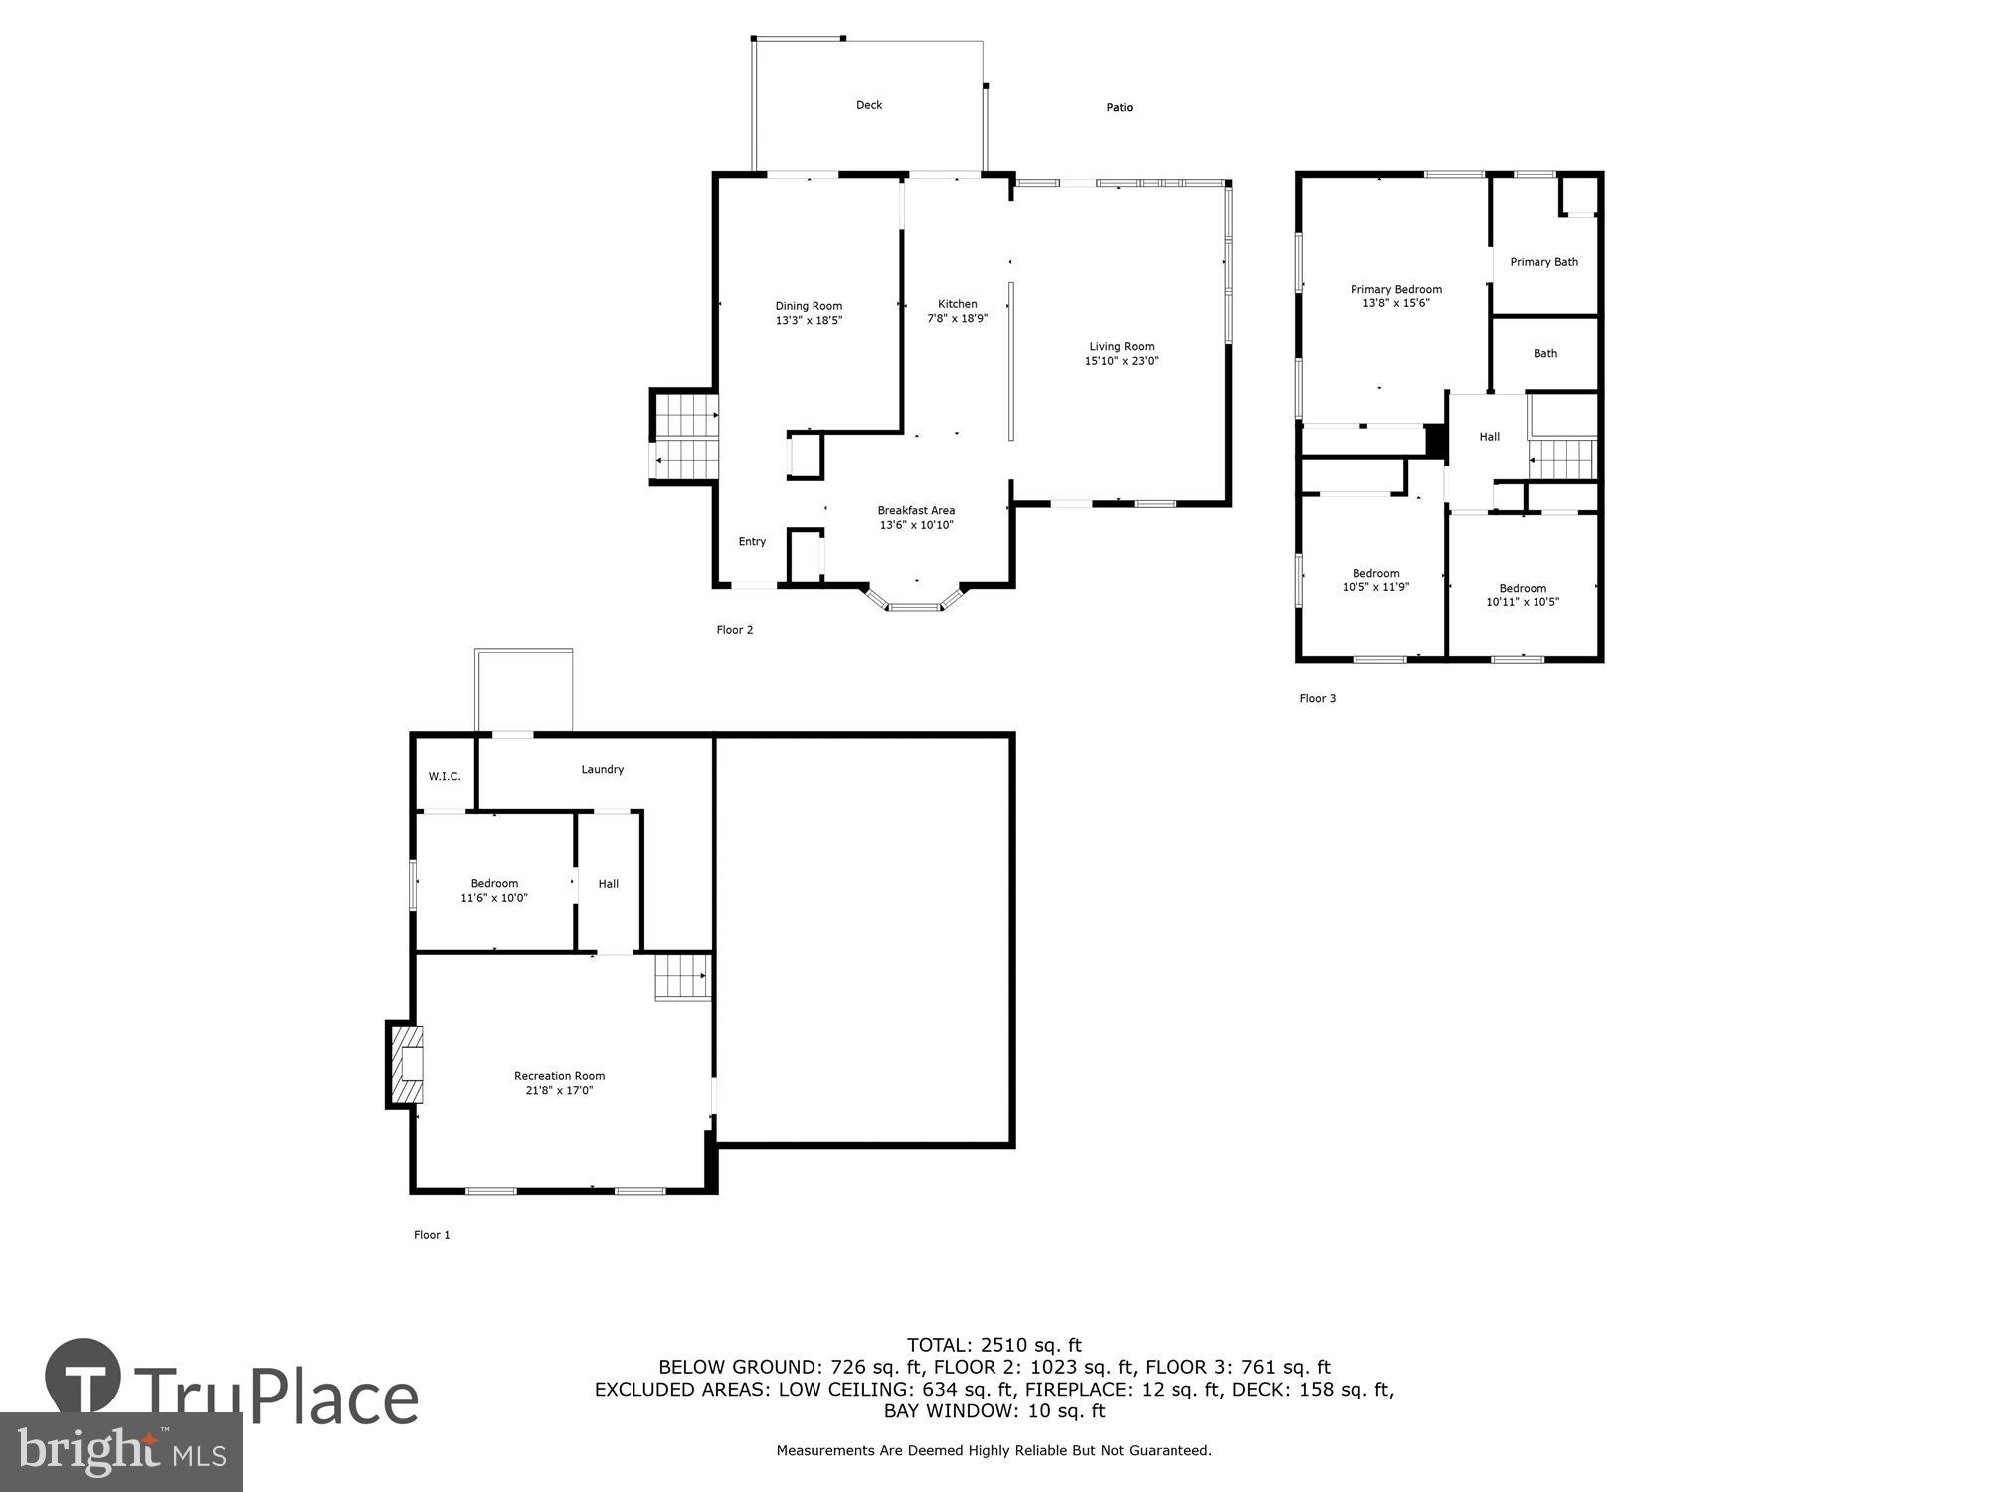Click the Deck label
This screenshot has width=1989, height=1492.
[869, 105]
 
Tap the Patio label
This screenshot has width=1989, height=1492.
[1119, 107]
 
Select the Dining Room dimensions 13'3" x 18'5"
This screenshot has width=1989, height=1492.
[809, 321]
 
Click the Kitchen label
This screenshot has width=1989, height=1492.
[957, 304]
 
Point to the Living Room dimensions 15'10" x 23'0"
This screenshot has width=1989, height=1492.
[1121, 361]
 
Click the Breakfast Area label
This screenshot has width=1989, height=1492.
[915, 510]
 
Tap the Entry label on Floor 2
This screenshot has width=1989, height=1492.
[752, 542]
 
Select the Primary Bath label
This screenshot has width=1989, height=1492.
[1543, 262]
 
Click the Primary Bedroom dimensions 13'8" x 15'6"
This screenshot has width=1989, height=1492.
[1395, 303]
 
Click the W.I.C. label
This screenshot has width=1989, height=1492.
[445, 776]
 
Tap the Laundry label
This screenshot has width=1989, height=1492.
[602, 769]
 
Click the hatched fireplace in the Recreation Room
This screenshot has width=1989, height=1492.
[407, 1065]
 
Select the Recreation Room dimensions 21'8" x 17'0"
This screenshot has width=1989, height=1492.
[559, 1090]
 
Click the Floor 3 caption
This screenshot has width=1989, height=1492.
[1317, 698]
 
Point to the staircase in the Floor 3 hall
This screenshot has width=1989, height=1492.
[1562, 459]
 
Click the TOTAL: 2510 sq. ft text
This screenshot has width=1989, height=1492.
[994, 1345]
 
